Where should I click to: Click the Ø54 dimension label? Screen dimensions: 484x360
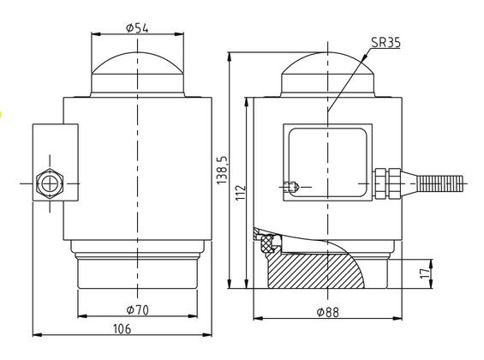[x=137, y=28]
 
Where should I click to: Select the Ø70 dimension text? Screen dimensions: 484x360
[x=138, y=309]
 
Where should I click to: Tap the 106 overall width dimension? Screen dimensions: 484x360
[x=122, y=329]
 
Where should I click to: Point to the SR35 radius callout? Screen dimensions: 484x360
[x=385, y=42]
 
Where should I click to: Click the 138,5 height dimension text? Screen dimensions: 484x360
[x=223, y=170]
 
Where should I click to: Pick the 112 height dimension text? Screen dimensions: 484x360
[x=241, y=193]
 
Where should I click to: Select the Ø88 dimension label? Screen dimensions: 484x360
[x=328, y=313]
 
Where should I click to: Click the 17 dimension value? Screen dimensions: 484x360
[x=425, y=273]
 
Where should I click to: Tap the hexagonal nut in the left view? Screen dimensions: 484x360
[x=50, y=184]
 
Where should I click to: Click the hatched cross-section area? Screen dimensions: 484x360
[x=315, y=270]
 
